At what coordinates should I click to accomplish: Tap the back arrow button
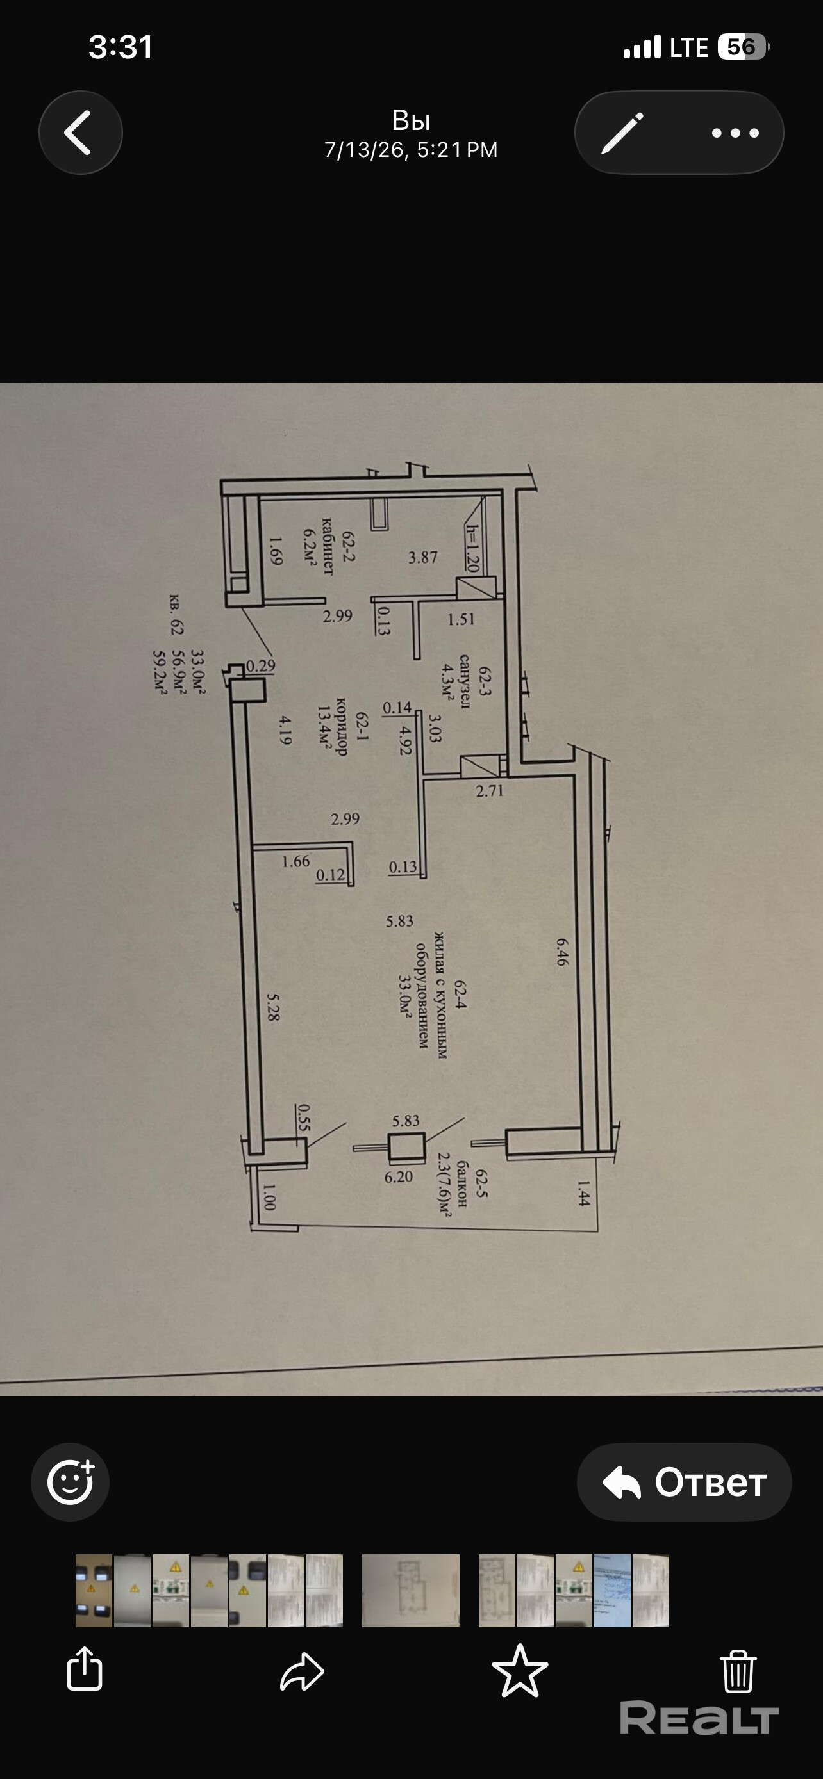pyautogui.click(x=80, y=133)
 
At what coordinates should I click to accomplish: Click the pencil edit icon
pyautogui.click(x=622, y=133)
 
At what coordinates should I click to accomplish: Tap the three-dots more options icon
pyautogui.click(x=735, y=133)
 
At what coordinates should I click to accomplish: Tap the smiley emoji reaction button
pyautogui.click(x=71, y=1482)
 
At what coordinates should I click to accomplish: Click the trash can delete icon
pyautogui.click(x=738, y=1671)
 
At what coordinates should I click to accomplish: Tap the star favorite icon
pyautogui.click(x=520, y=1671)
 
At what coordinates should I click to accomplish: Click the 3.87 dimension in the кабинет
pyautogui.click(x=423, y=556)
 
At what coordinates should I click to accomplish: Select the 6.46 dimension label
pyautogui.click(x=561, y=951)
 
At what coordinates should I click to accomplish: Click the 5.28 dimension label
pyautogui.click(x=274, y=1007)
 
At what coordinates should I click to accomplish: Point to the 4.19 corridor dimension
pyautogui.click(x=285, y=730)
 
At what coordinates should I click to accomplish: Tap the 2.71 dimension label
pyautogui.click(x=490, y=791)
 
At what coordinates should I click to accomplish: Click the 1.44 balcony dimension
pyautogui.click(x=583, y=1192)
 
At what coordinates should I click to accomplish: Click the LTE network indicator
pyautogui.click(x=689, y=47)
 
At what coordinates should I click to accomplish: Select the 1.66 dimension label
pyautogui.click(x=295, y=861)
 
